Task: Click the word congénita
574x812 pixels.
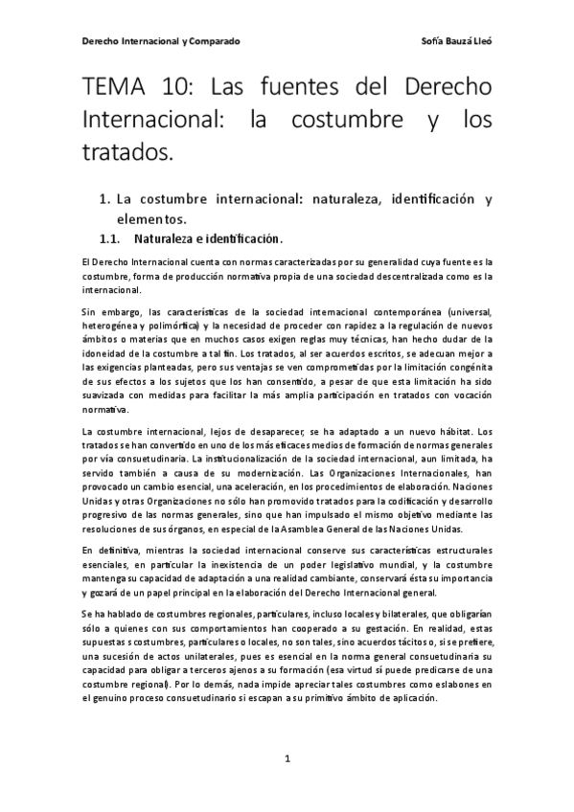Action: [470, 378]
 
